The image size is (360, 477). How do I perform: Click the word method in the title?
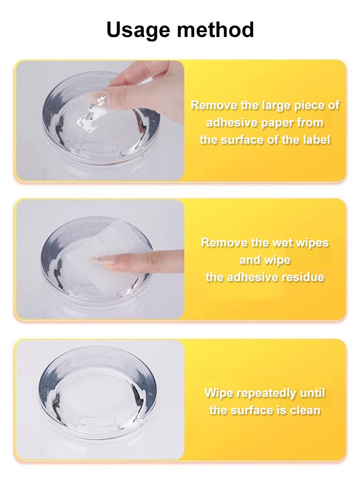click(215, 29)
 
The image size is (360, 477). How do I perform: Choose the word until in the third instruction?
click(312, 393)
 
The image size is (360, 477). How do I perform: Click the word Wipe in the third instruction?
click(219, 393)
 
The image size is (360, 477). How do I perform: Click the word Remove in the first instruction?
click(210, 105)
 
